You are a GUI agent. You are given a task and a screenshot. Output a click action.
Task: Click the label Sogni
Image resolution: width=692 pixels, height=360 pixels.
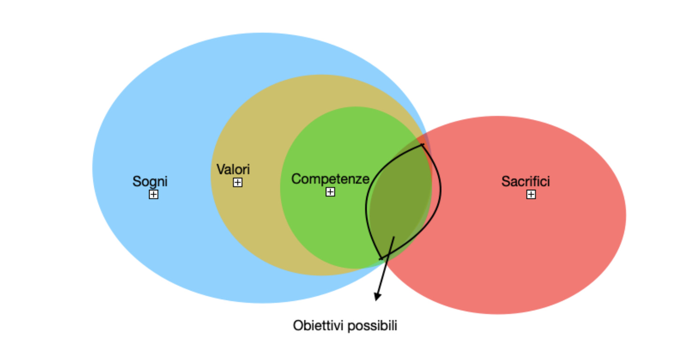click(150, 181)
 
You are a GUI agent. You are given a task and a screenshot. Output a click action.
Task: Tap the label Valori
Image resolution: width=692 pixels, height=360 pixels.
click(233, 169)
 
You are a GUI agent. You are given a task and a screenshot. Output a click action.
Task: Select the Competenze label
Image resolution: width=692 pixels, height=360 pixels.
click(330, 179)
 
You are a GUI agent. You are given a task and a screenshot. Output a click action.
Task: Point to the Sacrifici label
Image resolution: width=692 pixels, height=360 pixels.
click(526, 181)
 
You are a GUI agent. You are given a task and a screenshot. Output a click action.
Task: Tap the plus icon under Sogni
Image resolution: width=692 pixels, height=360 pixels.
click(153, 194)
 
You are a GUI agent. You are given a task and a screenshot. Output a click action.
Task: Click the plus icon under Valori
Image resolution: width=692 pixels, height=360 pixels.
click(238, 182)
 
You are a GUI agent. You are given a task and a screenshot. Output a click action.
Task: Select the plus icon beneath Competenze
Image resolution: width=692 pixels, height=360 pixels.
click(331, 192)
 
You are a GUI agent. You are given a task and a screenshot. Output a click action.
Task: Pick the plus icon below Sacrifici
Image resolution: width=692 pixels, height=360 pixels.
click(531, 194)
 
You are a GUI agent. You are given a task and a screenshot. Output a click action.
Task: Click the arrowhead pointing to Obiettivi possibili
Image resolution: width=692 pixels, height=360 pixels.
click(377, 296)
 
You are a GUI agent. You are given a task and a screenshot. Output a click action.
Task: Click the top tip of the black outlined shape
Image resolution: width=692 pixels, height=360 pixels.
click(422, 145)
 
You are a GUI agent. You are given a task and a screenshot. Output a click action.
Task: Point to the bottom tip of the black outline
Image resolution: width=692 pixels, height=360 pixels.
click(381, 258)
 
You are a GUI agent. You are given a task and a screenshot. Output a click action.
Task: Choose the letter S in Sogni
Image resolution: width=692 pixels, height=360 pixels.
click(136, 181)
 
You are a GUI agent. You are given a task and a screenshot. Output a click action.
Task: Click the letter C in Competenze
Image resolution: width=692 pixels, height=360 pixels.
click(295, 179)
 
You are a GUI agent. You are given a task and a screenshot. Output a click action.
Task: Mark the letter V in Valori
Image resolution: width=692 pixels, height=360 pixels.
click(220, 169)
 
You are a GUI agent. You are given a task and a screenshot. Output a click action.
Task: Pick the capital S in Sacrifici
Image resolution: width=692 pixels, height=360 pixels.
click(505, 181)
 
